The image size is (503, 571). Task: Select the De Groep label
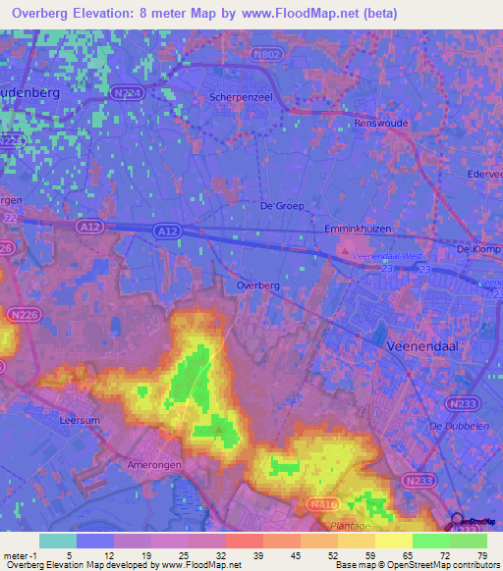(282, 206)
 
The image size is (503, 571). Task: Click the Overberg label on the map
(259, 285)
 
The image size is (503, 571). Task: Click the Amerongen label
(151, 464)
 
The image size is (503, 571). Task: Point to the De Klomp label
(479, 249)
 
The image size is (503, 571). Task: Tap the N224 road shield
(126, 92)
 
